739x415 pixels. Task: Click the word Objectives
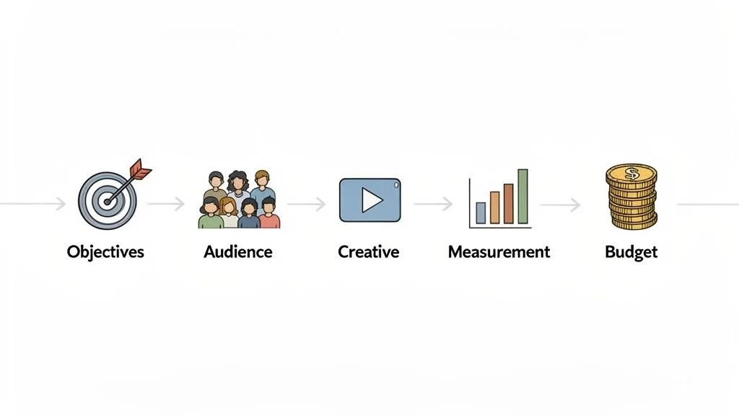click(105, 252)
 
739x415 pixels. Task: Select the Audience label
click(238, 252)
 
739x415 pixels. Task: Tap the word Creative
click(368, 252)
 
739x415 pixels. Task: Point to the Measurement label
click(499, 252)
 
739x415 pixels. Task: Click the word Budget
click(631, 252)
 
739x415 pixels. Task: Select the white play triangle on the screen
click(372, 200)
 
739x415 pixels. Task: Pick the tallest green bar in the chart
click(522, 197)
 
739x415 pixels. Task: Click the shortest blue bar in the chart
click(481, 213)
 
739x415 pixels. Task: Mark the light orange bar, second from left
click(494, 207)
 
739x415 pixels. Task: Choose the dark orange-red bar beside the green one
click(508, 203)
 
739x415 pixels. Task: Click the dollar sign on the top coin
click(631, 174)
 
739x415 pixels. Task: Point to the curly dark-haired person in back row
click(237, 184)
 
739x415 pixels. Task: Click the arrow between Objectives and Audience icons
click(167, 205)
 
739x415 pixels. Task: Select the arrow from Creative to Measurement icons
click(433, 205)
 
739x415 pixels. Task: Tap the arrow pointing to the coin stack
click(561, 205)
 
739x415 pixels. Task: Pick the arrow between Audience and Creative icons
click(307, 205)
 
